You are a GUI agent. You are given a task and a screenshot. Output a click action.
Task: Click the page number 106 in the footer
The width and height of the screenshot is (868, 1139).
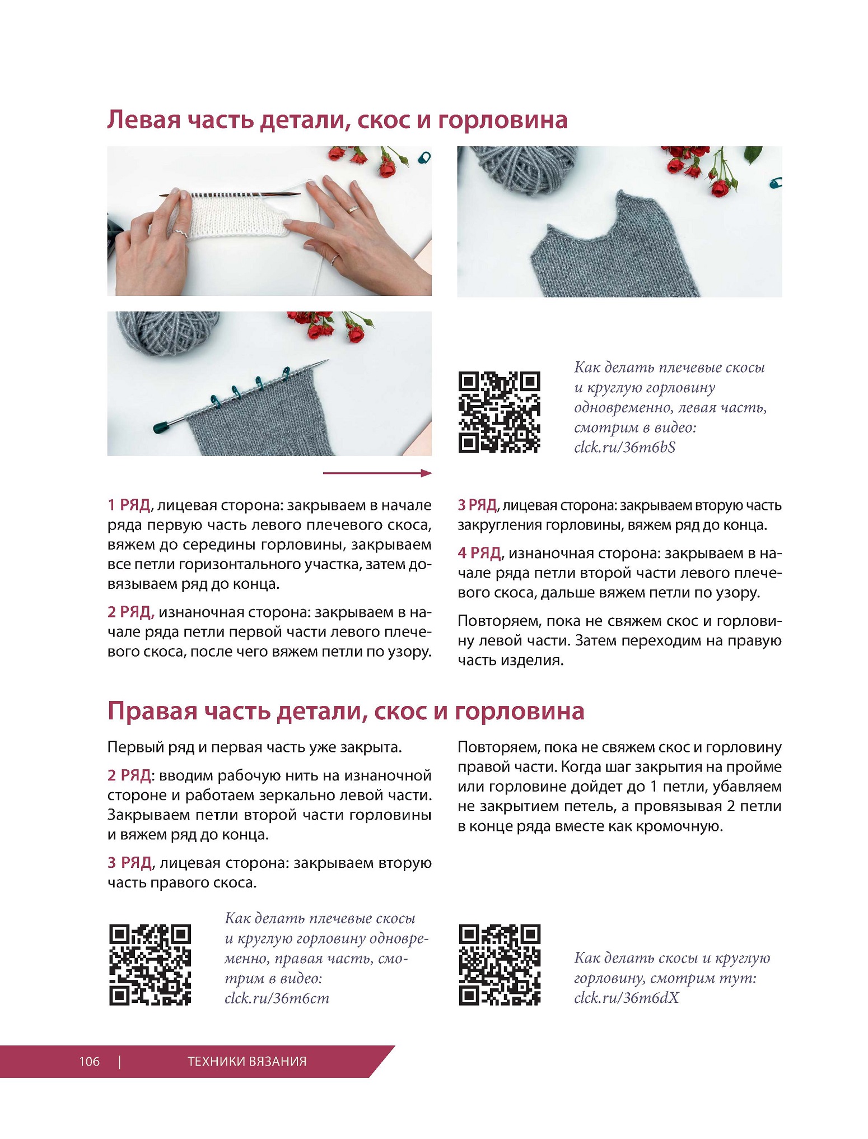(89, 1061)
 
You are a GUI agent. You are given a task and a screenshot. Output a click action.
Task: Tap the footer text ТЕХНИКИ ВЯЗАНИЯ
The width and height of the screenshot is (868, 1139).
(247, 1061)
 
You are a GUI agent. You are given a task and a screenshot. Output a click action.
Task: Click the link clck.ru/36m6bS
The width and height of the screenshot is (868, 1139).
(625, 447)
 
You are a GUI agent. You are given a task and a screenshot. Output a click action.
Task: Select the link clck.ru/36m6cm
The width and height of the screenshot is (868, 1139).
(277, 998)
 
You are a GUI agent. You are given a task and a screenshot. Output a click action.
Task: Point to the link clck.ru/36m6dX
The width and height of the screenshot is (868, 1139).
(626, 998)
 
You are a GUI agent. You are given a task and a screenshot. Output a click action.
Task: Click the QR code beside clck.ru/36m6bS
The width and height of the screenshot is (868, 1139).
(500, 412)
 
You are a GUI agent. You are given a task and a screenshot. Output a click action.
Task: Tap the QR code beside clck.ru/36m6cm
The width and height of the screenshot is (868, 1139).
(150, 965)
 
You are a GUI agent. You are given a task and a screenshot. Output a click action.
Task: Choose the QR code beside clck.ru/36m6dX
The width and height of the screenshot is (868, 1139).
(500, 965)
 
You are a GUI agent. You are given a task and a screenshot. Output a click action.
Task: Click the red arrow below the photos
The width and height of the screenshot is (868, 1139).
(377, 473)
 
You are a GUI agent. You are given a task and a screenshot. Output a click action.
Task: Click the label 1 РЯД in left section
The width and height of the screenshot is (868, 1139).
(129, 505)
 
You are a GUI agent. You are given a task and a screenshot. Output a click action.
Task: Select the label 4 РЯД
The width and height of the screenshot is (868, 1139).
(479, 553)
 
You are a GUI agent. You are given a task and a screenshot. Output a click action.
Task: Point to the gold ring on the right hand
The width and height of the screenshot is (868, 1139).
(354, 210)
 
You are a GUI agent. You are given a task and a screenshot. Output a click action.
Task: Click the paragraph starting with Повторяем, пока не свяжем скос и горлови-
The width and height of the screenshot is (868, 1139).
(619, 640)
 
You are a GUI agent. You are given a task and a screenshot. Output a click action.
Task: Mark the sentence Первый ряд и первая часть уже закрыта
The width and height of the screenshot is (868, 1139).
(255, 747)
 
